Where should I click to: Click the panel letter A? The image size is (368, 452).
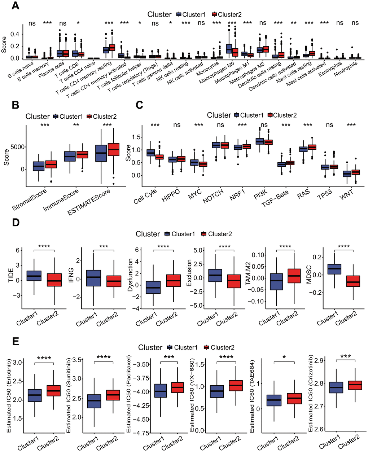(x=16, y=6)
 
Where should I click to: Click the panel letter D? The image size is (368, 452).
(x=16, y=222)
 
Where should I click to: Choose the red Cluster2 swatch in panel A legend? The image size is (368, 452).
(x=214, y=14)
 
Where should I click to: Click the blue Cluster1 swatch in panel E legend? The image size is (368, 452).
(x=170, y=347)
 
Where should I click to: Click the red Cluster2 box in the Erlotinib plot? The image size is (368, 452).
(x=54, y=391)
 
